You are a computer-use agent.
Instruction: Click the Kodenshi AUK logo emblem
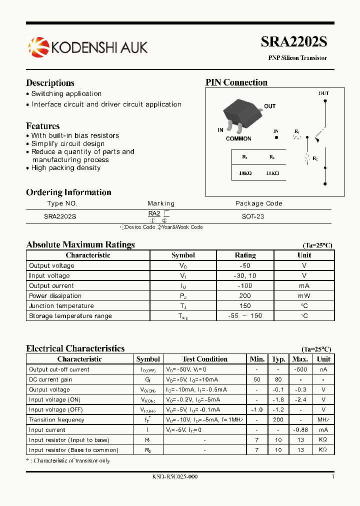[x=37, y=47]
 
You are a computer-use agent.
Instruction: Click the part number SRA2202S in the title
[x=294, y=42]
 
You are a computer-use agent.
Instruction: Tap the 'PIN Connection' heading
[x=236, y=82]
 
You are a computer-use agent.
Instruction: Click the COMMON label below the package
[x=238, y=138]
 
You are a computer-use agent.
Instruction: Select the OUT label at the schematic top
[x=324, y=93]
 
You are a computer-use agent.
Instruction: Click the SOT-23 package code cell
[x=252, y=216]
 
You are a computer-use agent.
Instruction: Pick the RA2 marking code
[x=154, y=213]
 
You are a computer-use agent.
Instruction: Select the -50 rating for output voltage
[x=245, y=265]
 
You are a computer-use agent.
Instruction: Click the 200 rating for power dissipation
[x=245, y=295]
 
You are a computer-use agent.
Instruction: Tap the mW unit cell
[x=304, y=295]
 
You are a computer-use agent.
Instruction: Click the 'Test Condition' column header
[x=204, y=359]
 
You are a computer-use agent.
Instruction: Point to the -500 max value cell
[x=300, y=369]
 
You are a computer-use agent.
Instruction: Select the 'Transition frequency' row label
[x=56, y=419]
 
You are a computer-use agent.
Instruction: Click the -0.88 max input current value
[x=300, y=429]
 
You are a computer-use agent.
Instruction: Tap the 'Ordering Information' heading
[x=68, y=192]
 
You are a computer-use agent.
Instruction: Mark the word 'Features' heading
[x=43, y=126]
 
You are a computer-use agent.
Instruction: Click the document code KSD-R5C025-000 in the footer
[x=175, y=476]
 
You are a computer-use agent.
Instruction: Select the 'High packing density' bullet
[x=65, y=168]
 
